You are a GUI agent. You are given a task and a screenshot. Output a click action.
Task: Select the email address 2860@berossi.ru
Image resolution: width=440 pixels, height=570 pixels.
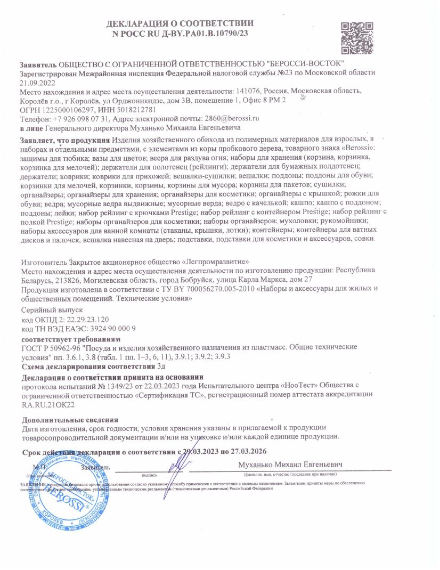(232, 118)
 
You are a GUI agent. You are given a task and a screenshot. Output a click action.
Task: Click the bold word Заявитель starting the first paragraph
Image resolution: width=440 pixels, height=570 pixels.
(38, 64)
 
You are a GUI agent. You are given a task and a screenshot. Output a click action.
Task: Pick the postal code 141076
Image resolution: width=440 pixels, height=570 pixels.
(250, 91)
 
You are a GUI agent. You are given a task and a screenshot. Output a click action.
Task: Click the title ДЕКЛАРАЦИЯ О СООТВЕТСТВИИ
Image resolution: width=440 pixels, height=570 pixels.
(180, 23)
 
